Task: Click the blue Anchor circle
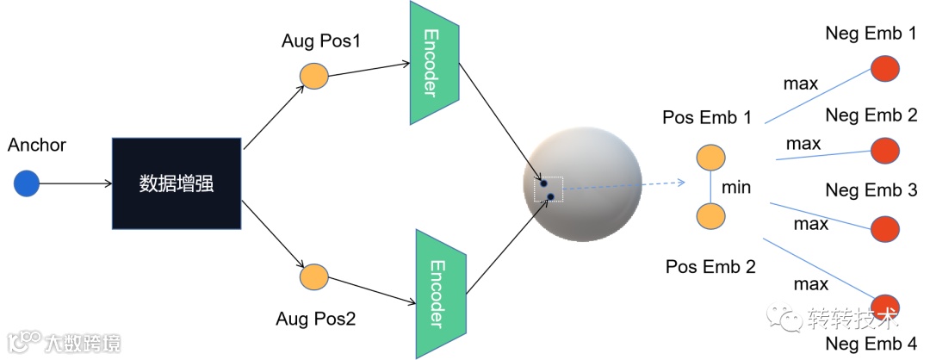pyautogui.click(x=27, y=183)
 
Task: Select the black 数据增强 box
pyautogui.click(x=177, y=183)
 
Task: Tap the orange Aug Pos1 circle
pyautogui.click(x=314, y=75)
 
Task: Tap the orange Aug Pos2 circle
pyautogui.click(x=314, y=276)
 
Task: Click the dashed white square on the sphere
pyautogui.click(x=548, y=190)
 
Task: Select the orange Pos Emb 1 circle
pyautogui.click(x=710, y=158)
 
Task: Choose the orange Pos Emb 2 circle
pyautogui.click(x=710, y=216)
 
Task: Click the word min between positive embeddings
pyautogui.click(x=737, y=187)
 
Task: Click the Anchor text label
pyautogui.click(x=36, y=145)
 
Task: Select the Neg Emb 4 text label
pyautogui.click(x=870, y=344)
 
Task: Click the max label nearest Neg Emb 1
pyautogui.click(x=800, y=84)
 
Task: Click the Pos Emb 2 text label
pyautogui.click(x=710, y=266)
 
